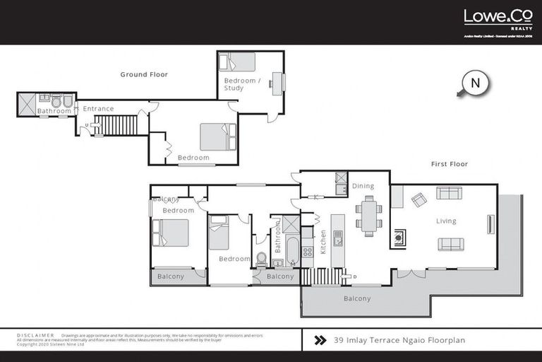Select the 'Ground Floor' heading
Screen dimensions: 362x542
click(x=144, y=74)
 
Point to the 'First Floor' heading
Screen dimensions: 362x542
click(x=450, y=164)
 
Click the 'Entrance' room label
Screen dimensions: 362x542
click(x=98, y=108)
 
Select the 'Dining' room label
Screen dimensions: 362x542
click(x=363, y=186)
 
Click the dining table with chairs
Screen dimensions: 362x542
click(x=368, y=216)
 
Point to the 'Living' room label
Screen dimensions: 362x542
click(x=446, y=221)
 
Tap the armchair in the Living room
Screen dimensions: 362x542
click(x=418, y=200)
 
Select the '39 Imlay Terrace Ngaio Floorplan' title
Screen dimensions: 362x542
click(x=399, y=340)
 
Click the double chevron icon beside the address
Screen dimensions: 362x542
click(x=320, y=340)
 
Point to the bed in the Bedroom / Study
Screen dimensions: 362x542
click(x=237, y=62)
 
